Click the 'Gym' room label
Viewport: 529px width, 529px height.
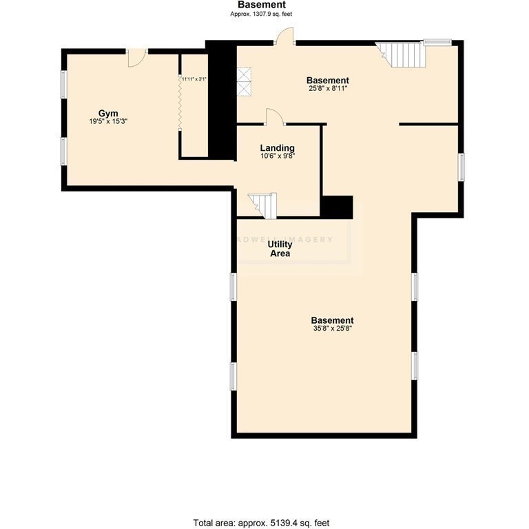click(108, 113)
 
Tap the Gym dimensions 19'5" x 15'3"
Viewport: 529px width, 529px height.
click(108, 121)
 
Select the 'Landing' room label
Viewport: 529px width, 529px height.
click(278, 148)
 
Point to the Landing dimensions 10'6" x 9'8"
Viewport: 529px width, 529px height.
click(278, 156)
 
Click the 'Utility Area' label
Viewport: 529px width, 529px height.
click(280, 249)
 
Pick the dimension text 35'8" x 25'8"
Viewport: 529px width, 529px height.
click(332, 329)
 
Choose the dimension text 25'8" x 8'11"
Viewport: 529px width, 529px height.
click(327, 88)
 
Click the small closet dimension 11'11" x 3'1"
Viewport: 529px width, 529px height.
click(194, 79)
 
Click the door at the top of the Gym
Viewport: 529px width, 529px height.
click(137, 58)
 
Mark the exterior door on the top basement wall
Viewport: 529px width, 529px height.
click(285, 37)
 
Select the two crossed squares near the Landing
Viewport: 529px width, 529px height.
click(245, 82)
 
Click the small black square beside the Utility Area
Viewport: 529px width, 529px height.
click(338, 207)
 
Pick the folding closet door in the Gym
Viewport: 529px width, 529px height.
click(180, 103)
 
